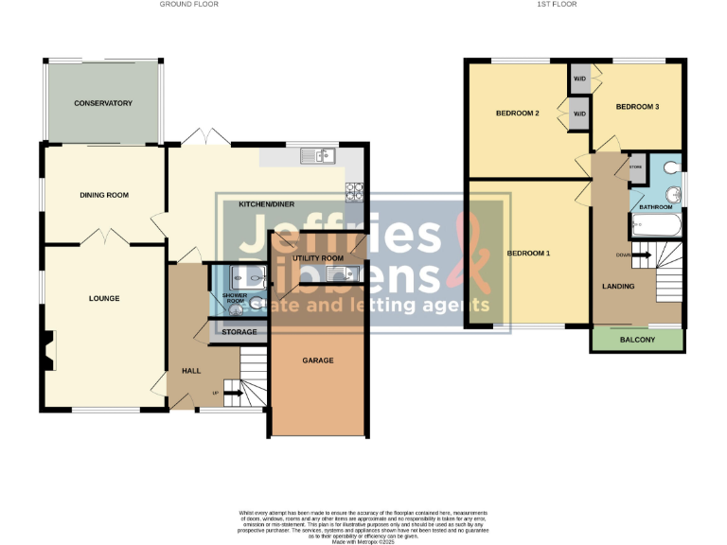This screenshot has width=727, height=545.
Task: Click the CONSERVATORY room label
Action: click(103, 103)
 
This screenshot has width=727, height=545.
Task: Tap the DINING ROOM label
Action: click(103, 195)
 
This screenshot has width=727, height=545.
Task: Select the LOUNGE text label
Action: click(103, 299)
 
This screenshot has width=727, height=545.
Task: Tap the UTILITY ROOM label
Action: click(318, 257)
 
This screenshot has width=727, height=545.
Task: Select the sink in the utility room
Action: click(339, 274)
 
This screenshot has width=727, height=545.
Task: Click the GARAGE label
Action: click(317, 360)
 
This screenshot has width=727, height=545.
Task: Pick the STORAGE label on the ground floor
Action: click(239, 332)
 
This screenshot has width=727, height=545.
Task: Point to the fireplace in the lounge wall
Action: click(47, 351)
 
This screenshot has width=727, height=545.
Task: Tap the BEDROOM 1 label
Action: click(528, 254)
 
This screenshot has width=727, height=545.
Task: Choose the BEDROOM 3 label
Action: click(637, 107)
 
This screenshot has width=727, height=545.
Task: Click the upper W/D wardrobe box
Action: click(578, 79)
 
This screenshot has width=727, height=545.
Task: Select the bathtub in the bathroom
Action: click(653, 226)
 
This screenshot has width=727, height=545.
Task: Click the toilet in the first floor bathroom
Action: click(671, 167)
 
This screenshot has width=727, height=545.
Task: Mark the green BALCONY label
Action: click(637, 340)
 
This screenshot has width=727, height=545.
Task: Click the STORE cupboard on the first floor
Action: click(635, 167)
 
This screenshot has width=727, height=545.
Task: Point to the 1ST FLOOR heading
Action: click(556, 5)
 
